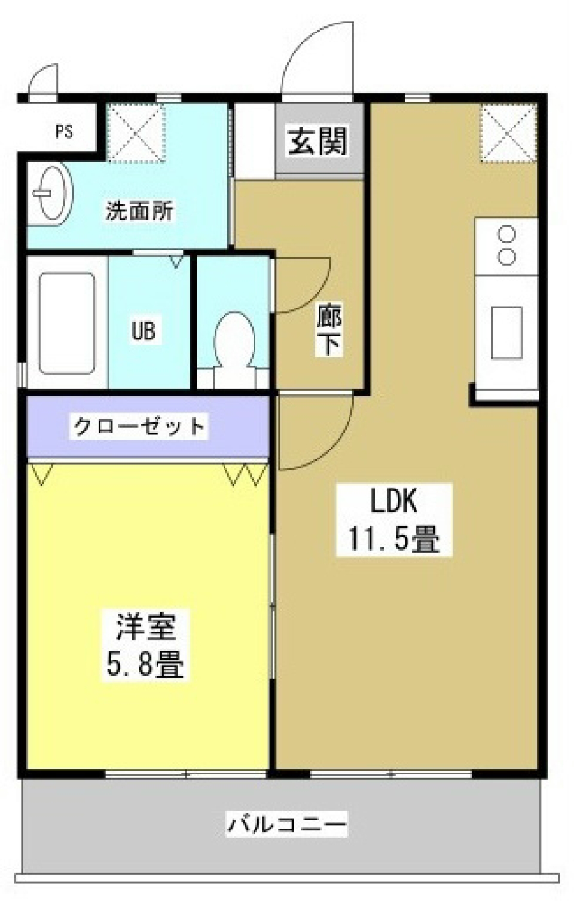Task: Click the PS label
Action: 64,131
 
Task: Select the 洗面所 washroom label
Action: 139,211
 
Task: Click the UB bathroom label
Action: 143,330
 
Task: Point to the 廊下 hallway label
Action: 329,330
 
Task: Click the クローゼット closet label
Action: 139,427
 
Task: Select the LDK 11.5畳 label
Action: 393,520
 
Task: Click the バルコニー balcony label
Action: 287,825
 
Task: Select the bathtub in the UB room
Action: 66,323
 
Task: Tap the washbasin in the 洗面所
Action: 53,194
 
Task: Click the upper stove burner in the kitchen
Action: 507,234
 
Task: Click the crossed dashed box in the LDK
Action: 508,133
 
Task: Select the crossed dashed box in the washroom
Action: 136,132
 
